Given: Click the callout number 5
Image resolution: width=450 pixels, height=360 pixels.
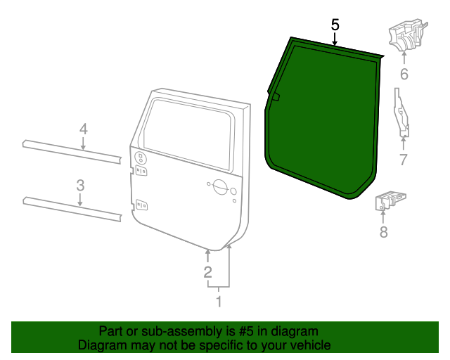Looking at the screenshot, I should [335, 25].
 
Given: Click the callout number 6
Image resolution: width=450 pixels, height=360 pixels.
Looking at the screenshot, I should [404, 75].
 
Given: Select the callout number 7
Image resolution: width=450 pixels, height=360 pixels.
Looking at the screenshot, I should [403, 160].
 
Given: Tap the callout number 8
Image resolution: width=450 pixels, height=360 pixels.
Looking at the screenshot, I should [383, 231].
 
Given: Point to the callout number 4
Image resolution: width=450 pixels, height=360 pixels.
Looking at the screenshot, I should [83, 129].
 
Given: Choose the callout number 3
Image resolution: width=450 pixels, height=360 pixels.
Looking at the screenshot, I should [81, 185].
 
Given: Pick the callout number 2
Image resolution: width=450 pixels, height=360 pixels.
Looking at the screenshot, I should [207, 272].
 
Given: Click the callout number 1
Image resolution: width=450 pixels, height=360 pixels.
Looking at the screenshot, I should [219, 302].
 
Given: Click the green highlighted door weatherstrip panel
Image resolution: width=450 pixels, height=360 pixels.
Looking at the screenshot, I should [323, 120].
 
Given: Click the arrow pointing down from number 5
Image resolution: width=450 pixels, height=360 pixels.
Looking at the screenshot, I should [335, 39].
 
